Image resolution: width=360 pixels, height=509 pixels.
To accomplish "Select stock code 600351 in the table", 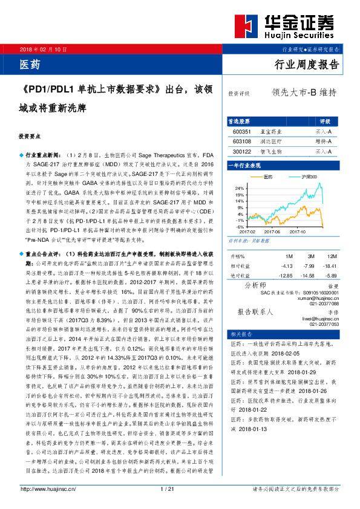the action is pos(241,131).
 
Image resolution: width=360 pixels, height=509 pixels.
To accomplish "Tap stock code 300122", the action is pos(241,151).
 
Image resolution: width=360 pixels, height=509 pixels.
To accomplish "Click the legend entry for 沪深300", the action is pos(308,177).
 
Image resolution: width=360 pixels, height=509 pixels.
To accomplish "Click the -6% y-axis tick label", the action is pos(240,227).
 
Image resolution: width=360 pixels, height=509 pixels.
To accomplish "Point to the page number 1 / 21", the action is pos(166,489).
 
